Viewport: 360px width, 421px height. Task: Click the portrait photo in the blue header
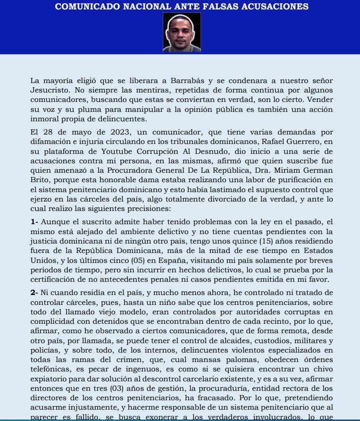(182, 32)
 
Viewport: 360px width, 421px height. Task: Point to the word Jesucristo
(52, 90)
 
